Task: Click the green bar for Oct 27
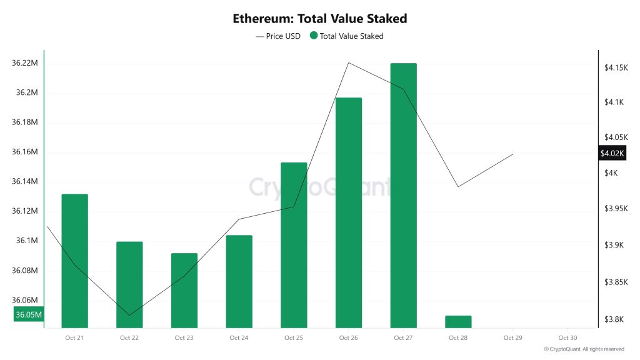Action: click(403, 195)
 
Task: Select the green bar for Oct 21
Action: click(74, 261)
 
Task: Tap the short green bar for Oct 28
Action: click(458, 321)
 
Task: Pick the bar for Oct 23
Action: click(184, 290)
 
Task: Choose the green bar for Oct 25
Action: click(294, 244)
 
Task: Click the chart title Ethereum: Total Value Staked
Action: click(319, 19)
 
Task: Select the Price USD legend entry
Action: click(278, 36)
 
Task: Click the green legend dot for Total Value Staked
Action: click(313, 36)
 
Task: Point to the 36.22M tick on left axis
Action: click(25, 63)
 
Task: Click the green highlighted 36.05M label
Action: click(28, 314)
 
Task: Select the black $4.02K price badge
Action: click(612, 153)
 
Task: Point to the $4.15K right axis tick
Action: click(616, 67)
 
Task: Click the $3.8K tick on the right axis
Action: click(614, 319)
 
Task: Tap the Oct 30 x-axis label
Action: click(567, 338)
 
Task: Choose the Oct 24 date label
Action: click(239, 338)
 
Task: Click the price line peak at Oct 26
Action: click(349, 62)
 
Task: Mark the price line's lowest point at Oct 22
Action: click(129, 315)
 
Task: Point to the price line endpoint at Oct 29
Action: click(513, 154)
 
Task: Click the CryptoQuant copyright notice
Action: click(584, 349)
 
